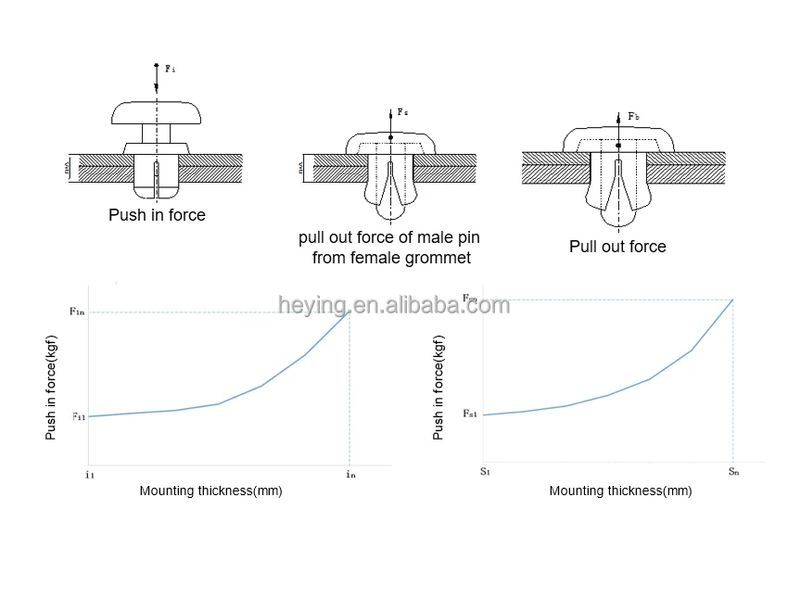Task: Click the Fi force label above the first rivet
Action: [171, 69]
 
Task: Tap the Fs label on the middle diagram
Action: [402, 112]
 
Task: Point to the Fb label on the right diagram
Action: [633, 117]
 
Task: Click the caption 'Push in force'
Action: [157, 215]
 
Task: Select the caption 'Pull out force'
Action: [617, 247]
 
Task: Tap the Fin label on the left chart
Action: [78, 312]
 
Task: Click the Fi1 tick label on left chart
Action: [79, 416]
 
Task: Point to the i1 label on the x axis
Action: [90, 474]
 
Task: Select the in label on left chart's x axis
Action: [350, 474]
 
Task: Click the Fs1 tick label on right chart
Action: [470, 413]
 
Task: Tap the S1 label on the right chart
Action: [485, 472]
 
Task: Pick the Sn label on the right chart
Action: [733, 472]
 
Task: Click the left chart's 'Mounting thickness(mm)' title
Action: [210, 491]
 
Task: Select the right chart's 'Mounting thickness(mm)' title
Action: [620, 491]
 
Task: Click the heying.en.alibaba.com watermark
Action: [394, 305]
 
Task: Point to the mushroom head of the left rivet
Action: [157, 111]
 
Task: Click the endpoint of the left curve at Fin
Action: [350, 312]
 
